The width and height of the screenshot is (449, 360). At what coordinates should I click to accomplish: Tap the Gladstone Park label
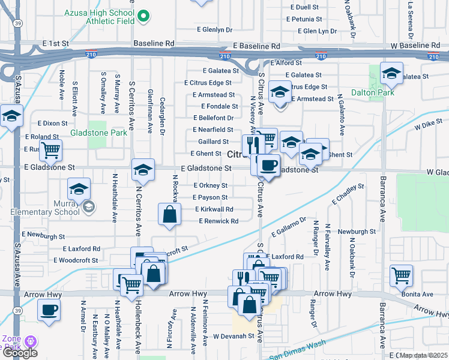click(x=98, y=133)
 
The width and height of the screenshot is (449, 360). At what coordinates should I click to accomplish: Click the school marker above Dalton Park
click(x=391, y=74)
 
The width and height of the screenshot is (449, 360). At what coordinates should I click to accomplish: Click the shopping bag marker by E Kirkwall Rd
click(x=170, y=214)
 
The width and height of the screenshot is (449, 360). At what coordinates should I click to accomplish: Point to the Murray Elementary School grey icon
click(x=89, y=207)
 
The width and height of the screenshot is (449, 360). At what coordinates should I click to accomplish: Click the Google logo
click(x=20, y=353)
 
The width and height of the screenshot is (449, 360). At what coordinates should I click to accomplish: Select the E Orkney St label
click(x=210, y=185)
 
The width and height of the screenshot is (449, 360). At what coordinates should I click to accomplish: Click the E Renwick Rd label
click(x=218, y=221)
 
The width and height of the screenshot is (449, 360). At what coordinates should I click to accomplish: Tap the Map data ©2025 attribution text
click(x=424, y=355)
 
